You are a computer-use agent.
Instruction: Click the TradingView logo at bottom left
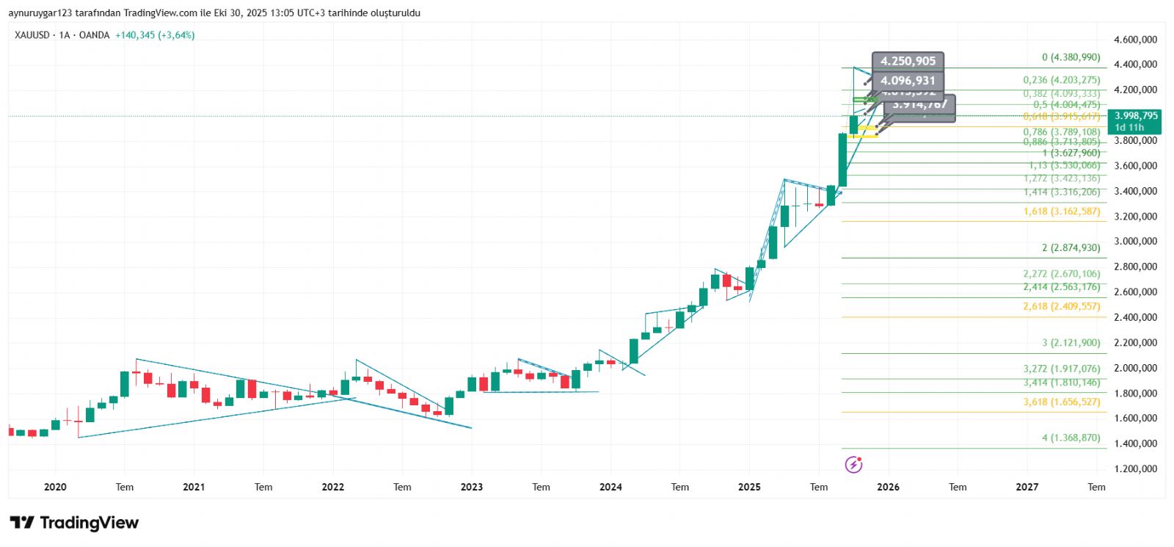pyautogui.click(x=74, y=523)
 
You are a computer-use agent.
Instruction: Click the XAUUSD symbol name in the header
pyautogui.click(x=32, y=35)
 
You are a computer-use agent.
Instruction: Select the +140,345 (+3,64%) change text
pyautogui.click(x=155, y=35)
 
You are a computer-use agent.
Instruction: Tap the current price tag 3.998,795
pyautogui.click(x=1135, y=116)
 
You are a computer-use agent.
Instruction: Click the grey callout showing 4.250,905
pyautogui.click(x=908, y=62)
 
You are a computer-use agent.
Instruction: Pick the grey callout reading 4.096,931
pyautogui.click(x=908, y=81)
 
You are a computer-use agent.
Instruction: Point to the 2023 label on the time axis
pyautogui.click(x=472, y=487)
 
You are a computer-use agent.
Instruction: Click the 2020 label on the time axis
pyautogui.click(x=55, y=487)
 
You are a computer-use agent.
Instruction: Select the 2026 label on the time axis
pyautogui.click(x=888, y=487)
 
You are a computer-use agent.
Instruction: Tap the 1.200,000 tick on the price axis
pyautogui.click(x=1135, y=468)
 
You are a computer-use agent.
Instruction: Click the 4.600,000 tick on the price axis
pyautogui.click(x=1135, y=40)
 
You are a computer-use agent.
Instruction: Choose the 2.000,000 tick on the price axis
pyautogui.click(x=1135, y=368)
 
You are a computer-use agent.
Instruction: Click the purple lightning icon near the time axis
pyautogui.click(x=853, y=464)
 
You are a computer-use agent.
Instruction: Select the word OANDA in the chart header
pyautogui.click(x=94, y=35)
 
